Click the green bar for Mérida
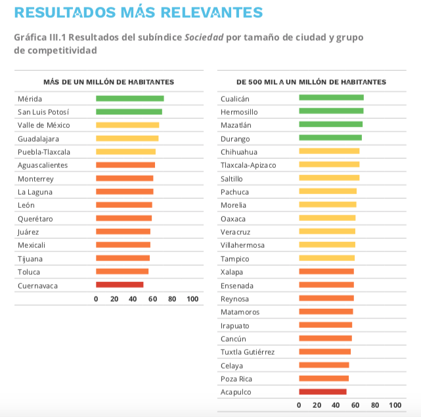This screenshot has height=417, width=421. point(129,98)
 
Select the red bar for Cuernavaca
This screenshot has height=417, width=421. point(120,285)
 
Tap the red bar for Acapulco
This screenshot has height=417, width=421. point(322,391)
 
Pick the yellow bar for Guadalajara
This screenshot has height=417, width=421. point(127,138)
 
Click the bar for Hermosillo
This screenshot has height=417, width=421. point(331,111)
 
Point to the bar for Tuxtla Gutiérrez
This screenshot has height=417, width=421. point(324,351)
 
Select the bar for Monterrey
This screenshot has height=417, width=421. point(124,178)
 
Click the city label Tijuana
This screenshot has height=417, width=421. point(30,258)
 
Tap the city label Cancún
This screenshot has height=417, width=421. point(233,338)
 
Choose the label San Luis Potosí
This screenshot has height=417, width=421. point(43,111)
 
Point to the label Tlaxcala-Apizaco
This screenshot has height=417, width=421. point(248,165)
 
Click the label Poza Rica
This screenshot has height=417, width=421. point(236,378)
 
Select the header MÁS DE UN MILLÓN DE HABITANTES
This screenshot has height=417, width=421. point(108,82)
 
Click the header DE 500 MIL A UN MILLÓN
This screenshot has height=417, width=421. point(311,82)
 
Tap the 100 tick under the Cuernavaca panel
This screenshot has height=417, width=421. point(192,299)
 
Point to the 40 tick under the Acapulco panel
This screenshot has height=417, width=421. point(336,405)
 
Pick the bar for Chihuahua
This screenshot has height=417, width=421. point(329,151)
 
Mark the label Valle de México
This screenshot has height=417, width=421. point(43,125)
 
